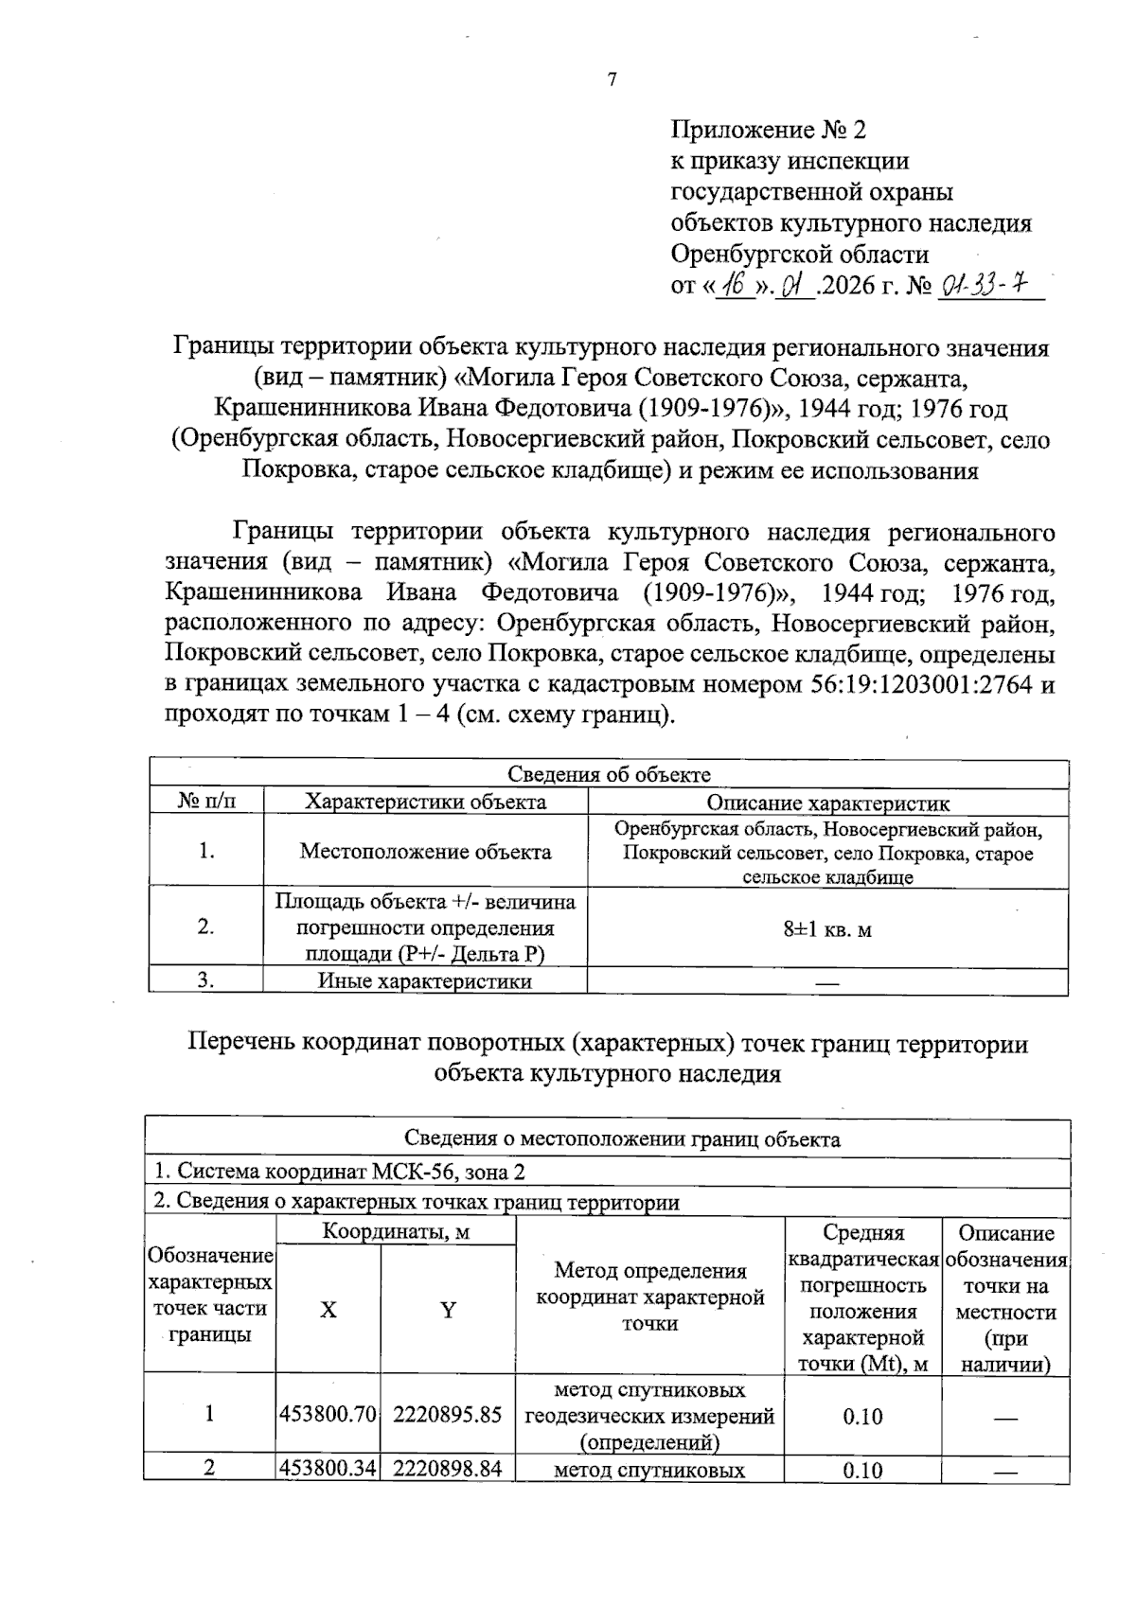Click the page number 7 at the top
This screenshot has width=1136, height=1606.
[x=612, y=80]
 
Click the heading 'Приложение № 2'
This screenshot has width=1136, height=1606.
[x=768, y=129]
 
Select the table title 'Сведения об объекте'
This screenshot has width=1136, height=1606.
[x=609, y=774]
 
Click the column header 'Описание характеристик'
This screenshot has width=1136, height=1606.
[x=828, y=803]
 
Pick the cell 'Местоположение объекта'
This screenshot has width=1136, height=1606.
[x=425, y=852]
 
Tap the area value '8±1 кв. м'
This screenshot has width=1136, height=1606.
[x=827, y=929]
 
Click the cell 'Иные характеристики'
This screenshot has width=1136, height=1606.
[x=425, y=981]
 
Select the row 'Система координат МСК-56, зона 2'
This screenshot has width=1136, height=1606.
[x=340, y=1172]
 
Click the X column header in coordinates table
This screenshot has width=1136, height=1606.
[x=328, y=1310]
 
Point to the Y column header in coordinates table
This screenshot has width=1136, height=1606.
[x=448, y=1310]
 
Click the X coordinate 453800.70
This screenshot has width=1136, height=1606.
[x=328, y=1416]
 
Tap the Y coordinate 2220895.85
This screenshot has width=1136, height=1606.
[x=447, y=1416]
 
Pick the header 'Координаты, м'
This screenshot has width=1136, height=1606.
[x=396, y=1231]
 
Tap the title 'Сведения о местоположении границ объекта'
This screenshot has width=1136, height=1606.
[x=609, y=1139]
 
